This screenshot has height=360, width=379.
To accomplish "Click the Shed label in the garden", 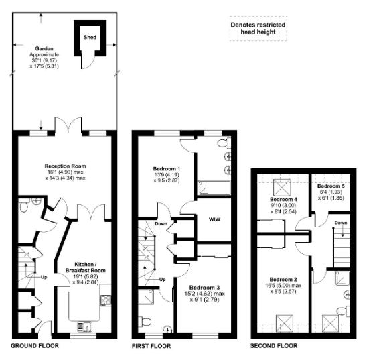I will pyautogui.click(x=88, y=37).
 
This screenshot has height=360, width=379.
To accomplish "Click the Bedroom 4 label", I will pyautogui.click(x=283, y=200).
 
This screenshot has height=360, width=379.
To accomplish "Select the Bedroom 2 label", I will pyautogui.click(x=283, y=279).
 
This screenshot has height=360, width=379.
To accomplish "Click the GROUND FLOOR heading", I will pyautogui.click(x=35, y=347).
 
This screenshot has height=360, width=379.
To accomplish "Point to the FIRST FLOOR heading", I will pyautogui.click(x=152, y=347).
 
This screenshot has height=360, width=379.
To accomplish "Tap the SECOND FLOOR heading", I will pyautogui.click(x=274, y=347).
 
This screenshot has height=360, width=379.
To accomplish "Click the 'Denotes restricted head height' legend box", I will pyautogui.click(x=258, y=27).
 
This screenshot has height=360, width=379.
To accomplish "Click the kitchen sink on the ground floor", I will pyautogui.click(x=85, y=325).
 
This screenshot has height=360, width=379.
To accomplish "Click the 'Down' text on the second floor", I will pyautogui.click(x=340, y=223).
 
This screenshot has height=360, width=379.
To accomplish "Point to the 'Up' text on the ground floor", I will pyautogui.click(x=44, y=276).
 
